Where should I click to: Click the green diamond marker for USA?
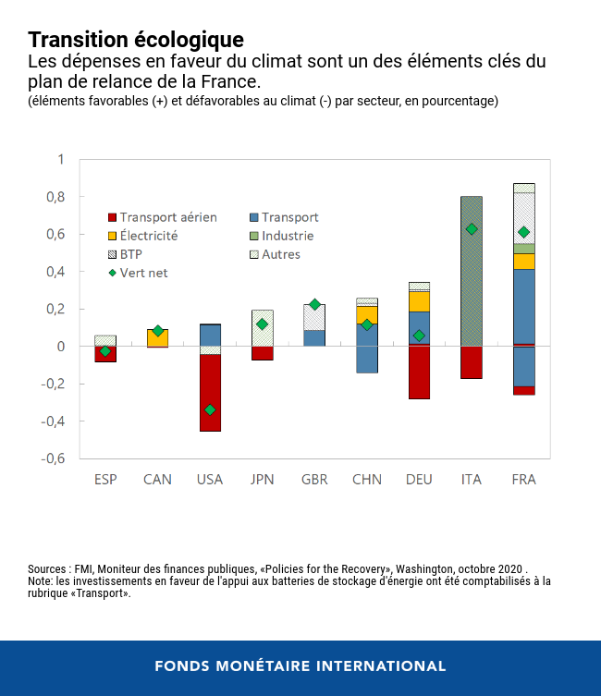click(x=210, y=409)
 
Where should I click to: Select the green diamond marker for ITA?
click(x=472, y=228)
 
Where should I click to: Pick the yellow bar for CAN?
click(x=157, y=337)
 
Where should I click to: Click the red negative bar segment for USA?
click(x=210, y=393)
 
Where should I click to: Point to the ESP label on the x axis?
click(x=105, y=480)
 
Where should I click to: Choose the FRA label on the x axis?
click(x=524, y=480)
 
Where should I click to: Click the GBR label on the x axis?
click(x=314, y=480)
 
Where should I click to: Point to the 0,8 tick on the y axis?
click(x=55, y=197)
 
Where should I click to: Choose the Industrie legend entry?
click(x=288, y=236)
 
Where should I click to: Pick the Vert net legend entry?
click(x=143, y=273)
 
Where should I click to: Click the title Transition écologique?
click(x=136, y=40)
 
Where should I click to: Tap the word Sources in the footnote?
click(x=47, y=568)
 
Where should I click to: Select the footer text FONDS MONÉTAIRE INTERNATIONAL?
click(x=300, y=665)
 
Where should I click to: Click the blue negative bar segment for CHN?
click(x=367, y=360)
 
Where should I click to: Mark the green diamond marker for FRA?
click(x=524, y=232)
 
